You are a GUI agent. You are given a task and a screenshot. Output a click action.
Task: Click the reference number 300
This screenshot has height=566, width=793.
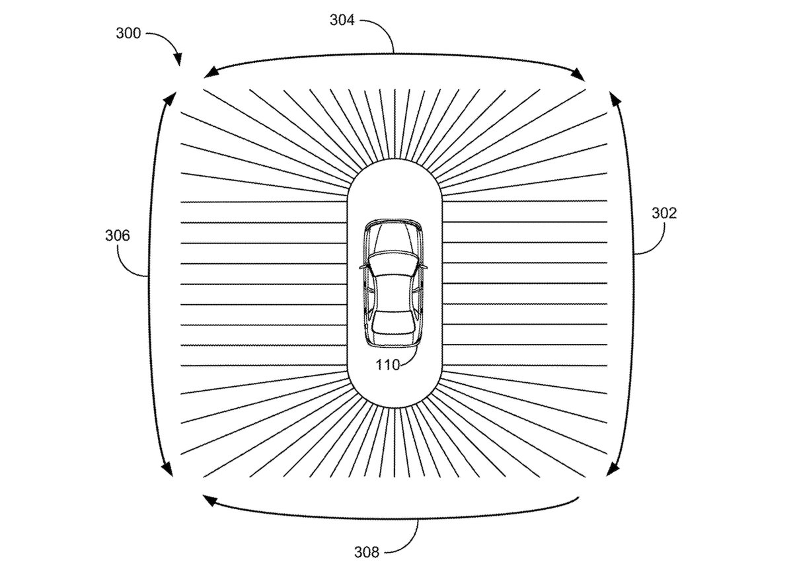[x=128, y=33]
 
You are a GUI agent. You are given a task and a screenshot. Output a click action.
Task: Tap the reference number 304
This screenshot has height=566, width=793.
[x=342, y=20]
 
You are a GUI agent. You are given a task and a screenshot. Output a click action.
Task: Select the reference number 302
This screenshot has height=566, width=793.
[x=664, y=213]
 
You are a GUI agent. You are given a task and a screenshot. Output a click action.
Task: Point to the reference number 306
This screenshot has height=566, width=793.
[x=118, y=235]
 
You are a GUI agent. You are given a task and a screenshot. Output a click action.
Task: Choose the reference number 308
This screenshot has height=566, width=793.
[x=367, y=552]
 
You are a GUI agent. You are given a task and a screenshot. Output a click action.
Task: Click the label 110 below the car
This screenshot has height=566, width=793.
[x=388, y=364]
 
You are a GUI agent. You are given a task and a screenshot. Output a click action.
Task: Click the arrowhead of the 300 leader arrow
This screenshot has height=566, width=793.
[x=178, y=60]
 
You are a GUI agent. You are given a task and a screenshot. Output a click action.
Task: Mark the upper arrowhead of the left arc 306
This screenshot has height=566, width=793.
[x=170, y=99]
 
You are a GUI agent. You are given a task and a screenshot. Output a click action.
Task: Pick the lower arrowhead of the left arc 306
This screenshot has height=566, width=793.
[x=168, y=469]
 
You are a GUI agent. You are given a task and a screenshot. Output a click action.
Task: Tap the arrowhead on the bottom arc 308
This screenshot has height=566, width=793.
[x=209, y=501]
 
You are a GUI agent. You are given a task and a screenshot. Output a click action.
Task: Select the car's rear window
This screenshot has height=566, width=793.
[x=393, y=322]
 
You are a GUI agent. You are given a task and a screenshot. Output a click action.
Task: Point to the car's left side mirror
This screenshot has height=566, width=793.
[x=363, y=267]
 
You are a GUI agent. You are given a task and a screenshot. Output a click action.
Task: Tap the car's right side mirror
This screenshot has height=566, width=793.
[x=424, y=266]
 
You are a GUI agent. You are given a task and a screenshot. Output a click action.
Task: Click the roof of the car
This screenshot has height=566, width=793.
[x=393, y=294]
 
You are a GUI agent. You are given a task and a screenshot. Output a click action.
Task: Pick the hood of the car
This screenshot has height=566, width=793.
[x=393, y=237]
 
